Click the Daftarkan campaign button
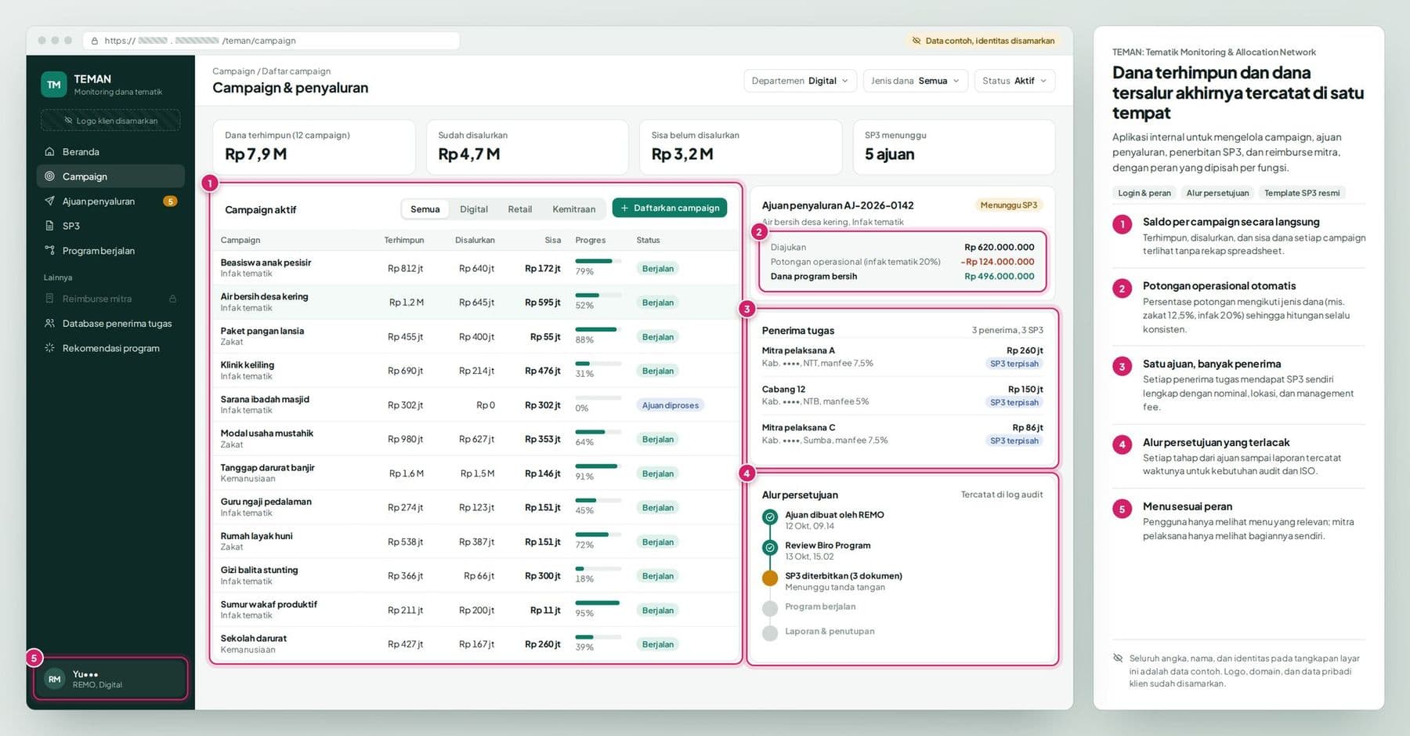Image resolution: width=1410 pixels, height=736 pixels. [x=670, y=208]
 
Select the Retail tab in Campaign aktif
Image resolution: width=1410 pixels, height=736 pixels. [x=519, y=209]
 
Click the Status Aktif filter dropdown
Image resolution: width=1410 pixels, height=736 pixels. [x=1014, y=81]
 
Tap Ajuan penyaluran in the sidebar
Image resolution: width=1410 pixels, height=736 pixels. [x=99, y=201]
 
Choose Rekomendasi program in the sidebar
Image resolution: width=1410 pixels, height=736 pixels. [x=110, y=348]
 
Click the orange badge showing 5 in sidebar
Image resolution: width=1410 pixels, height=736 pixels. [x=170, y=201]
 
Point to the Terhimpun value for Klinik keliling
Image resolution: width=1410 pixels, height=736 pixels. [x=405, y=371]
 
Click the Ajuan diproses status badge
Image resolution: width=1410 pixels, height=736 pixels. [x=671, y=405]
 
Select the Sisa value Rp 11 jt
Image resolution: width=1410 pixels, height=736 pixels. [x=545, y=610]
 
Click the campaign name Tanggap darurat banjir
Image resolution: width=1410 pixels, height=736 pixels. [x=267, y=468]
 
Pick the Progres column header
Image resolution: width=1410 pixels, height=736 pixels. [x=590, y=240]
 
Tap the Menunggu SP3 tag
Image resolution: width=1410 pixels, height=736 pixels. [x=1009, y=205]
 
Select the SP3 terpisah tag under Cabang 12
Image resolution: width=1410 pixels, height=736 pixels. [x=1014, y=402]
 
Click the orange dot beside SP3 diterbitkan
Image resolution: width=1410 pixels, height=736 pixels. [x=770, y=578]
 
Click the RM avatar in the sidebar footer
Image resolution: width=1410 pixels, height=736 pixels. [x=54, y=679]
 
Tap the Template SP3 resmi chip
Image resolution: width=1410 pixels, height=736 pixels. [x=1302, y=193]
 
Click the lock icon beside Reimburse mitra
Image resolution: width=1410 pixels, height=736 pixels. [x=172, y=299]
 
